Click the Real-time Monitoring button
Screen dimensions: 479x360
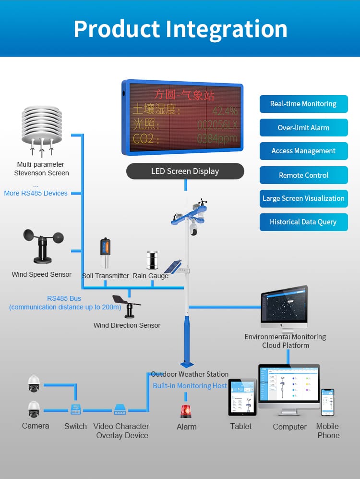[303, 104]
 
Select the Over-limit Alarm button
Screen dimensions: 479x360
[303, 128]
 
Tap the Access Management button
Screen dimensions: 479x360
[303, 151]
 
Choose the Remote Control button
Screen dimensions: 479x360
[303, 175]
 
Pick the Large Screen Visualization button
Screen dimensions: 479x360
[303, 198]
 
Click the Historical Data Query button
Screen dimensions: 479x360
[303, 222]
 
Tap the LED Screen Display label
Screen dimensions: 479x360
[185, 172]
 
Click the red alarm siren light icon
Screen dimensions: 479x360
[186, 411]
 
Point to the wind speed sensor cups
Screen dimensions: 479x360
[43, 238]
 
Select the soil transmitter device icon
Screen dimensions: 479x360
[105, 248]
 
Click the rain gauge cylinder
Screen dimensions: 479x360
[152, 260]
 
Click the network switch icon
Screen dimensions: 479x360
[75, 410]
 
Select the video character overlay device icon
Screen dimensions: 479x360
[120, 410]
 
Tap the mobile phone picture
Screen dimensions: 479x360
[327, 402]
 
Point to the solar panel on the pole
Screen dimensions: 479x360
[172, 267]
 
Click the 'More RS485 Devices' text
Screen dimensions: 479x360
[36, 193]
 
